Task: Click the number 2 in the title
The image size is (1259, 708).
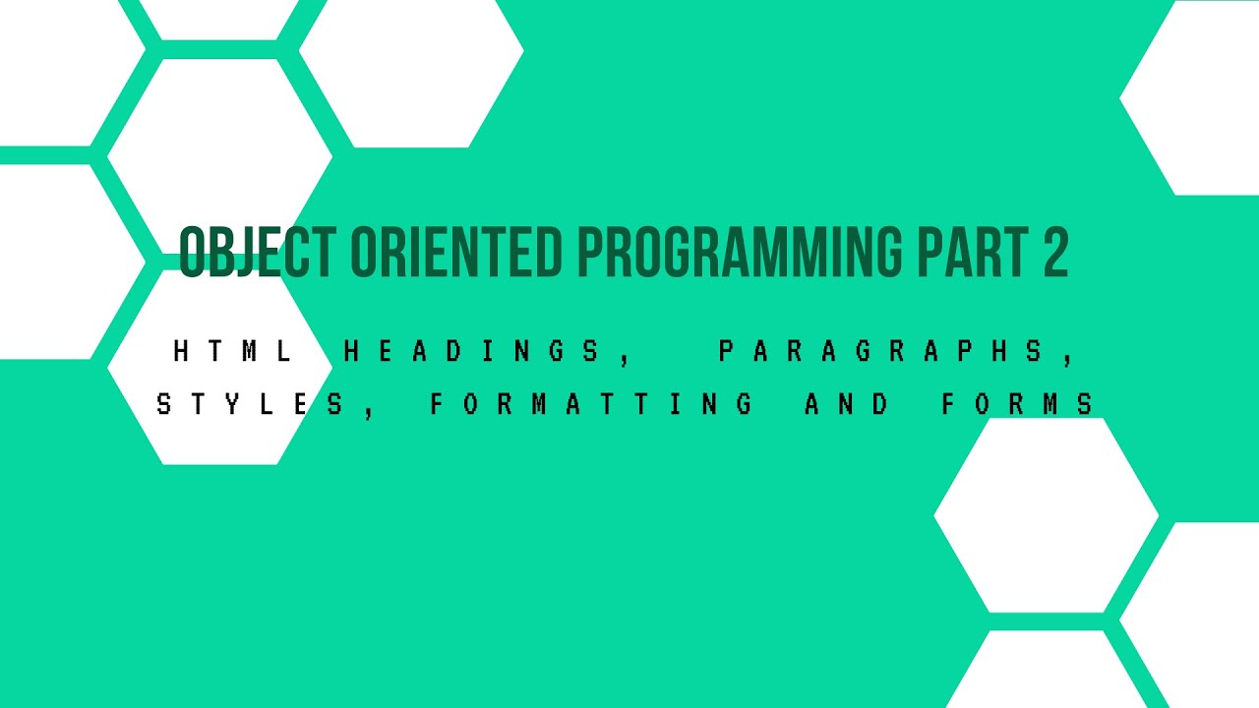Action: tap(1052, 253)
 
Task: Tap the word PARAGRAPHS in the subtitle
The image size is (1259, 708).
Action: tap(881, 352)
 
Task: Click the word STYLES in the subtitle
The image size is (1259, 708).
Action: tap(251, 404)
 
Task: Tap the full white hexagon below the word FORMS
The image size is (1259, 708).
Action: tap(1046, 514)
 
